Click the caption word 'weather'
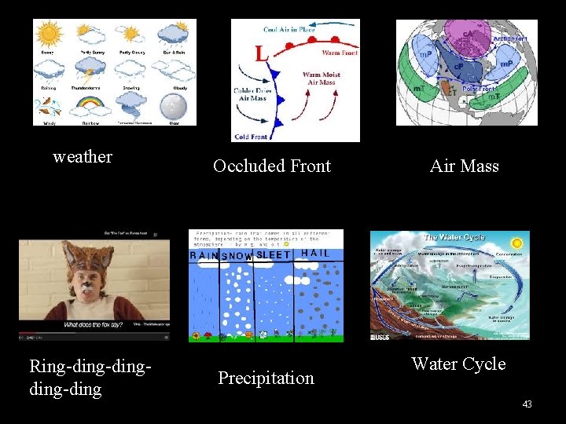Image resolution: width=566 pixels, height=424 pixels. [83, 157]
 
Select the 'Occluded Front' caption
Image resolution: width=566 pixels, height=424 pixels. [272, 166]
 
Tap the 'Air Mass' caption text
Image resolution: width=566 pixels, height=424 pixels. [465, 166]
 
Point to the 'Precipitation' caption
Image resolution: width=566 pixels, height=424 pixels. [266, 378]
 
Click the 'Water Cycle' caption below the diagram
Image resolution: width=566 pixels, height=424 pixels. [458, 364]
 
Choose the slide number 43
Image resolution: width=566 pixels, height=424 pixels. [527, 404]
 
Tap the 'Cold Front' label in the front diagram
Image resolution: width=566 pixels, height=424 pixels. [251, 136]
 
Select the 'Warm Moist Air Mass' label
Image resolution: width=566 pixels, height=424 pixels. [321, 79]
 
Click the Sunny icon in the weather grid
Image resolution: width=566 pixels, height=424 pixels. [49, 35]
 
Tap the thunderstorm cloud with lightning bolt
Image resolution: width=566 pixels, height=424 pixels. [90, 71]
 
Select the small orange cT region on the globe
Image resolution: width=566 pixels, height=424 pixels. [451, 92]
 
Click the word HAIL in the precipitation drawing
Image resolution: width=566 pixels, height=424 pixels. [315, 253]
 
